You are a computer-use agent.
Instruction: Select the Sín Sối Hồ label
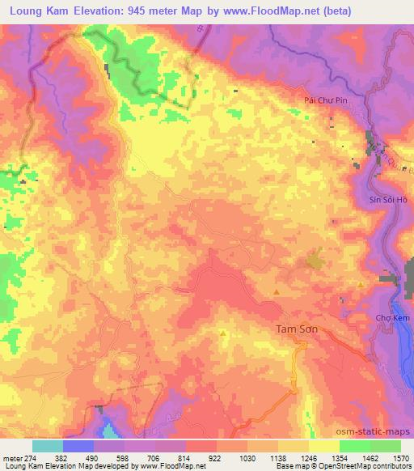(x=379, y=198)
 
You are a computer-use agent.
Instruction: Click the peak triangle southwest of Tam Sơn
(x=223, y=332)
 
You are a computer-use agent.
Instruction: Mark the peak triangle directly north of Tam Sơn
(x=277, y=291)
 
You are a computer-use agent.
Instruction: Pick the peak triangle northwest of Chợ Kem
(x=360, y=283)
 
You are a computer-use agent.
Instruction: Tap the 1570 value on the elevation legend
(x=400, y=457)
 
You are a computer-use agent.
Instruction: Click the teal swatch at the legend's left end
(x=48, y=445)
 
